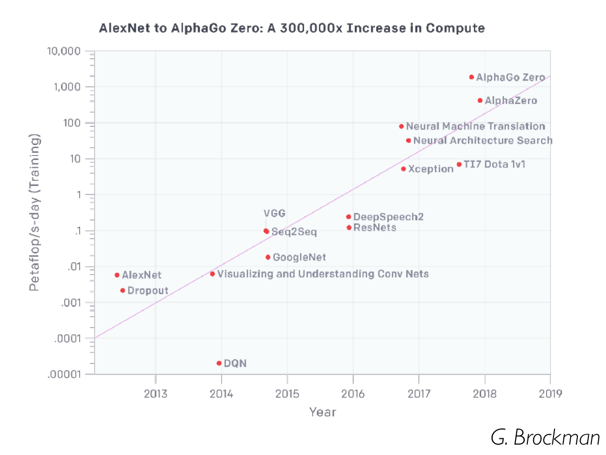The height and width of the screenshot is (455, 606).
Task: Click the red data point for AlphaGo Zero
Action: pyautogui.click(x=471, y=77)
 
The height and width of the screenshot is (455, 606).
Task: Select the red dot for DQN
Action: pyautogui.click(x=219, y=363)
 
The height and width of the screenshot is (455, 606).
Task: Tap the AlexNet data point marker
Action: pyautogui.click(x=117, y=275)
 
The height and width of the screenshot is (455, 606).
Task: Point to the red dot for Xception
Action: pyautogui.click(x=403, y=169)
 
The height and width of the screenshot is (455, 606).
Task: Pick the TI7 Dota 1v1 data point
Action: pyautogui.click(x=459, y=164)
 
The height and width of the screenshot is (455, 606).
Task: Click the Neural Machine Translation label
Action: pyautogui.click(x=475, y=126)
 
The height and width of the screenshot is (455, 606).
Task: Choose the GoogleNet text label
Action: pyautogui.click(x=299, y=257)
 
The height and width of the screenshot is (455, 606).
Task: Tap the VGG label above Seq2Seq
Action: pyautogui.click(x=275, y=213)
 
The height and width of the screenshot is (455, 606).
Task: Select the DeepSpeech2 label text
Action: pyautogui.click(x=388, y=217)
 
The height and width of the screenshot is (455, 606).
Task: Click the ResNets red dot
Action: pyautogui.click(x=349, y=228)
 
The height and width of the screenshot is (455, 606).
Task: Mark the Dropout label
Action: pyautogui.click(x=148, y=291)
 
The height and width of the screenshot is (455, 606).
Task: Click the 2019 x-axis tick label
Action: pyautogui.click(x=550, y=393)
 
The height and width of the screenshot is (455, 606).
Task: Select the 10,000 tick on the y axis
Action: pyautogui.click(x=70, y=51)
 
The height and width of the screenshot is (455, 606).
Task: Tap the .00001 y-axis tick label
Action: pyautogui.click(x=68, y=374)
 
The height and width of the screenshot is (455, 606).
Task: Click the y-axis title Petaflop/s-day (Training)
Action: pyautogui.click(x=34, y=213)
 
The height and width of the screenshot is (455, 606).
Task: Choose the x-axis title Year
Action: pyautogui.click(x=323, y=412)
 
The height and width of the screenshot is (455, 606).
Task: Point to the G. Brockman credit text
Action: pyautogui.click(x=545, y=438)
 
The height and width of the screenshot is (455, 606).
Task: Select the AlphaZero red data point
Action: pyautogui.click(x=480, y=100)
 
